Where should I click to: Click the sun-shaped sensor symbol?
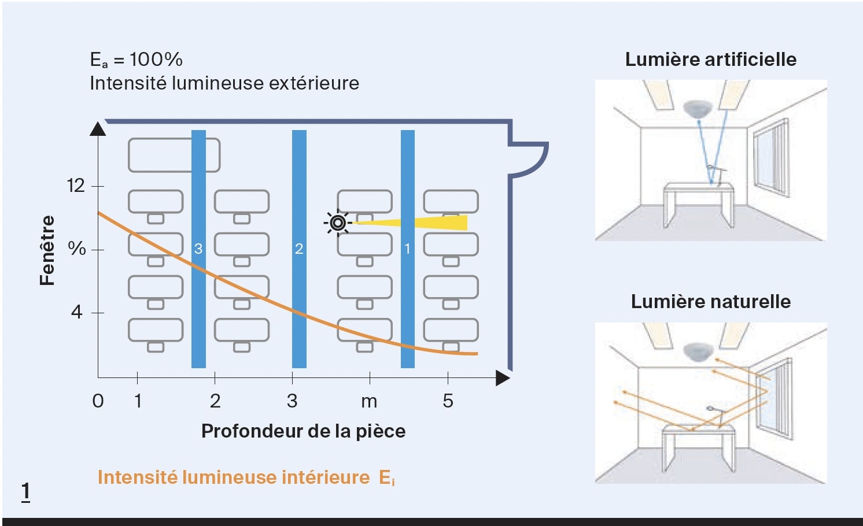(338, 223)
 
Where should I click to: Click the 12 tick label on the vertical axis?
(76, 186)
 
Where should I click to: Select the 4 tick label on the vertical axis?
(76, 312)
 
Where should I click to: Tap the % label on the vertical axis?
(76, 249)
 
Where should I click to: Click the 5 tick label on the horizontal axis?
(448, 401)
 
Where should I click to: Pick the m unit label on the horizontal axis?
(369, 401)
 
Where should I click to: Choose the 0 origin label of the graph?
(98, 401)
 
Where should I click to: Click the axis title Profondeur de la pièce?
(303, 431)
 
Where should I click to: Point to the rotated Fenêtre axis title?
(47, 250)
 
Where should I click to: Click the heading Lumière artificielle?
(710, 60)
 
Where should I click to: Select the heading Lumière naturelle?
(710, 302)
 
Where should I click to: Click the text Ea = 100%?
(137, 60)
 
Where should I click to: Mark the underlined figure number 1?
(25, 491)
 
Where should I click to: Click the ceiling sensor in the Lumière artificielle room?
(699, 108)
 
